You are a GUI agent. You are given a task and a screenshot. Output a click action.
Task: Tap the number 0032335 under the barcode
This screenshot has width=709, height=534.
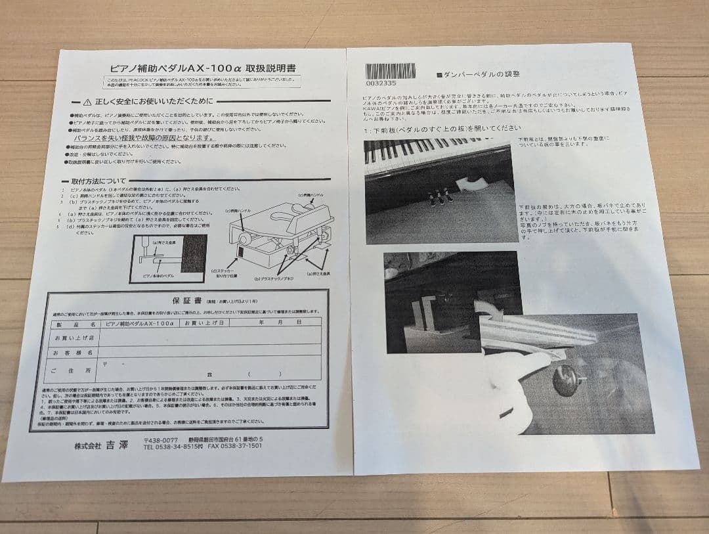(381, 83)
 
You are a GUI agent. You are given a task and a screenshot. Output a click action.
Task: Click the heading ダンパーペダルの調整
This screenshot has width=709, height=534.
(483, 76)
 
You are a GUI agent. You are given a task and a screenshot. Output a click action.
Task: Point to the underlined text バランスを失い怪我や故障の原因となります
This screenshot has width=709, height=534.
(144, 139)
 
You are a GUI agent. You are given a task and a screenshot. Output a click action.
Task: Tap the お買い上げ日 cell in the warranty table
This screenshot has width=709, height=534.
(205, 323)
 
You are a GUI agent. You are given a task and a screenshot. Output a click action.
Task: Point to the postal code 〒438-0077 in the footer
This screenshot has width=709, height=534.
(161, 439)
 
